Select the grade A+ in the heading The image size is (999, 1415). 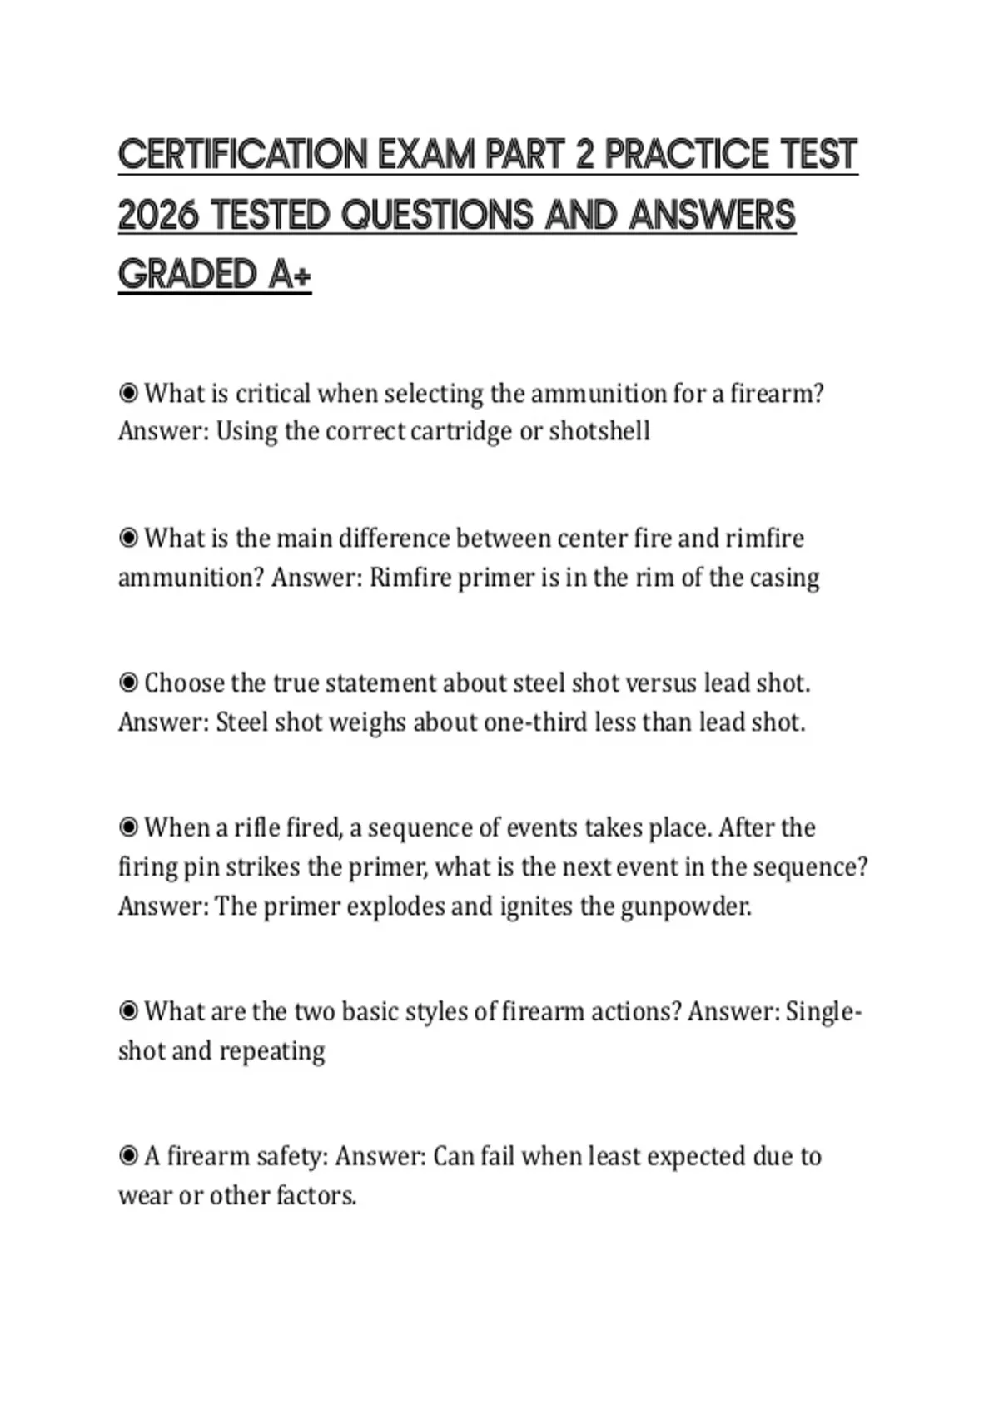click(x=290, y=275)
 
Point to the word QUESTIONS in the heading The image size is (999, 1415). click(x=438, y=216)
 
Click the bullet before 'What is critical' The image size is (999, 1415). click(x=128, y=393)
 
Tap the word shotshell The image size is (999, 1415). click(x=599, y=431)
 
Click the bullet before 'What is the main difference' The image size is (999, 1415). click(x=128, y=538)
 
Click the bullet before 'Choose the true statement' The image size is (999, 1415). click(x=128, y=683)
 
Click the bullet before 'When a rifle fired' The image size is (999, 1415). click(x=128, y=827)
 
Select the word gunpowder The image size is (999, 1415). click(x=685, y=906)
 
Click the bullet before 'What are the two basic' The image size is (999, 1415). click(x=128, y=1011)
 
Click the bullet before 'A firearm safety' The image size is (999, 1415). click(x=128, y=1156)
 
